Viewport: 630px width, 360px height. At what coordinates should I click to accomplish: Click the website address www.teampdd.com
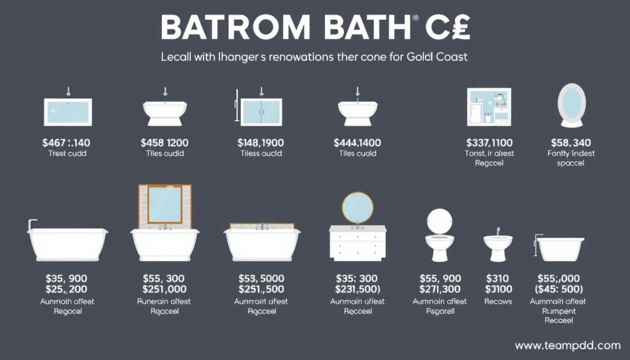click(567, 345)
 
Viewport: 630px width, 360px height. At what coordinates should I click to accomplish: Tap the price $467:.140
click(67, 142)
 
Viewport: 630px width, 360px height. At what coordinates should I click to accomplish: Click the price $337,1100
click(490, 142)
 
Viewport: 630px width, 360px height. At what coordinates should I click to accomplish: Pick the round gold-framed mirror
click(357, 208)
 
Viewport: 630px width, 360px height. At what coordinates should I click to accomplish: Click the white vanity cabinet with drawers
click(357, 242)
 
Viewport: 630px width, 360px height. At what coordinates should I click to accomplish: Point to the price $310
click(498, 278)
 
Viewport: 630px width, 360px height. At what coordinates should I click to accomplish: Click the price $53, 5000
click(261, 278)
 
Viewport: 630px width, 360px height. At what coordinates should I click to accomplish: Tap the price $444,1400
click(357, 142)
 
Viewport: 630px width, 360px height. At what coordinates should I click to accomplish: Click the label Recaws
click(498, 302)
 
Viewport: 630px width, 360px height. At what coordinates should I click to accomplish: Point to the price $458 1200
click(165, 142)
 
